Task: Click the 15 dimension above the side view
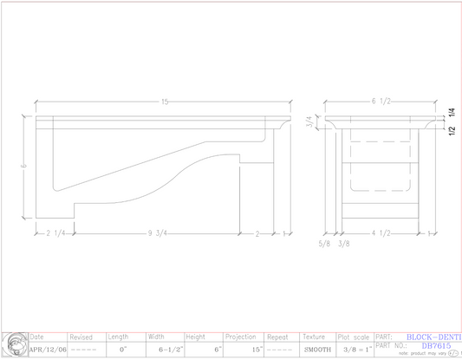point(165,102)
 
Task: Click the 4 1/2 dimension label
point(380,232)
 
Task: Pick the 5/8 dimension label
point(324,244)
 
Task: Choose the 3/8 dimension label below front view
point(343,244)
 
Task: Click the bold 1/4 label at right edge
point(452,114)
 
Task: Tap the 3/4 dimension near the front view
point(309,123)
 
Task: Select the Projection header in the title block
point(240,337)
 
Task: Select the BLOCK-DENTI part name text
point(434,336)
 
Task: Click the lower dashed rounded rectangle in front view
point(380,178)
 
